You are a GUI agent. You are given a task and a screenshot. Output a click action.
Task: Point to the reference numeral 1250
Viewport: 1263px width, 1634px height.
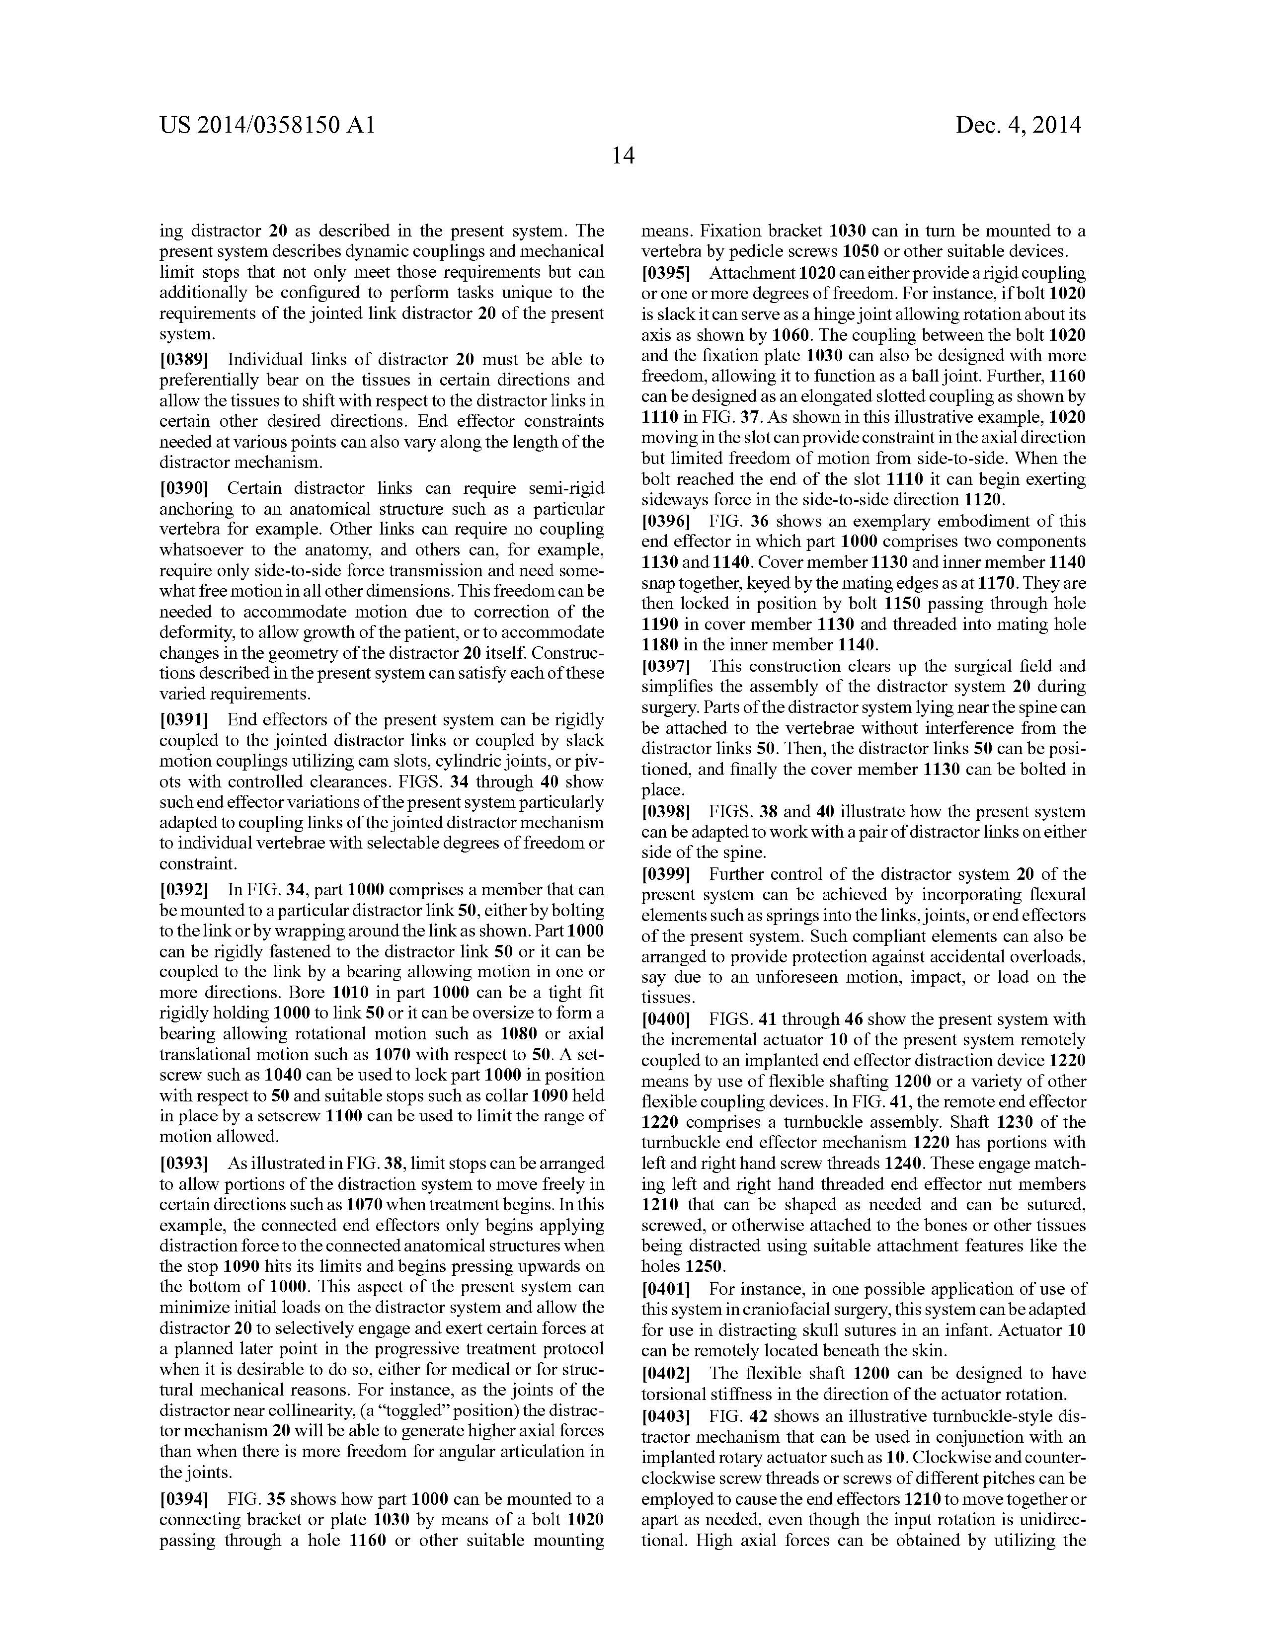(x=704, y=1267)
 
